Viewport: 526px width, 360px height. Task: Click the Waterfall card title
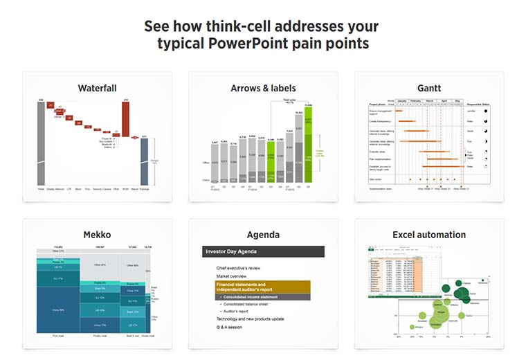click(x=97, y=89)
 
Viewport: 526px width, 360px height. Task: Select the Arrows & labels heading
click(x=263, y=89)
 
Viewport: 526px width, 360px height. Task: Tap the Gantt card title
click(x=429, y=89)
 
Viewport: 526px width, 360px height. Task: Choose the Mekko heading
click(x=97, y=235)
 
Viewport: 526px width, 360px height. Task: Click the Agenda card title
click(x=263, y=235)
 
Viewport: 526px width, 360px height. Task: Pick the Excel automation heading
click(x=429, y=235)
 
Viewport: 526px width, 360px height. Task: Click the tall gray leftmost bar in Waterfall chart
click(x=42, y=145)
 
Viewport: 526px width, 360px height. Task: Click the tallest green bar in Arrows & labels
click(x=309, y=145)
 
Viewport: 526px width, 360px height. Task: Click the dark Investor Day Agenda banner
click(x=263, y=252)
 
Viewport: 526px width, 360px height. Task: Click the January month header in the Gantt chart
click(x=401, y=100)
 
